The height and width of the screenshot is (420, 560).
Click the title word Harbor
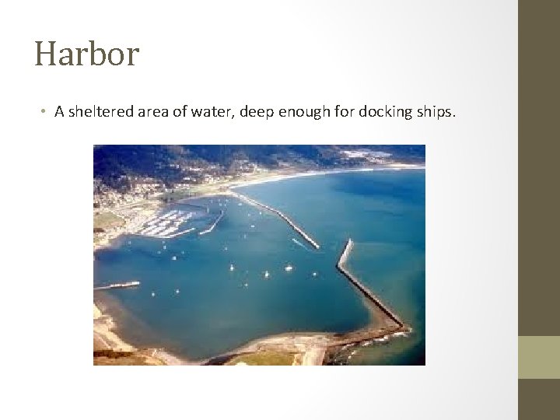click(x=86, y=54)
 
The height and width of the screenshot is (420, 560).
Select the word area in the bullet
click(x=152, y=111)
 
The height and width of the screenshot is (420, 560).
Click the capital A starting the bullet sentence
click(x=59, y=111)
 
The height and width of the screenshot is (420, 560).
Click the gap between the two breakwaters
click(x=330, y=247)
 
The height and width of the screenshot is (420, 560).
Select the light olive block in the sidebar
click(x=538, y=357)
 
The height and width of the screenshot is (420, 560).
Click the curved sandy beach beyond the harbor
click(x=311, y=177)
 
